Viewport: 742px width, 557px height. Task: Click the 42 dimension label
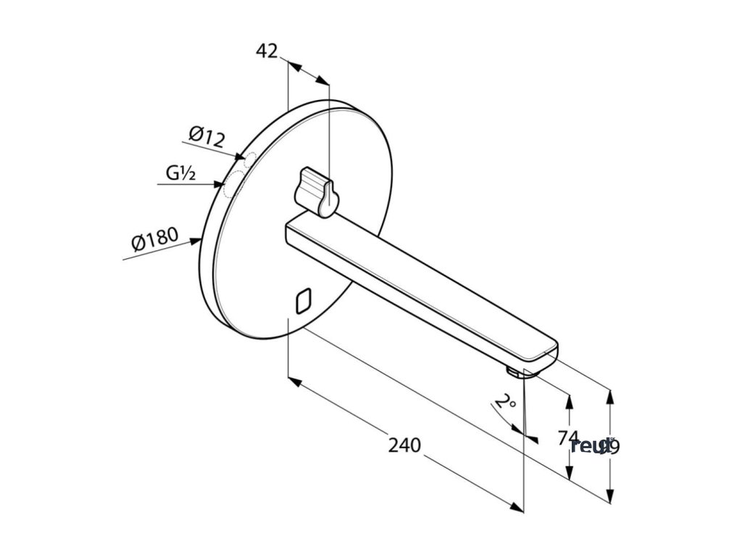coord(267,51)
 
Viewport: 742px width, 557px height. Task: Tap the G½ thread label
coord(181,173)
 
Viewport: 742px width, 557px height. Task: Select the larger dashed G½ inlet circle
coord(233,185)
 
